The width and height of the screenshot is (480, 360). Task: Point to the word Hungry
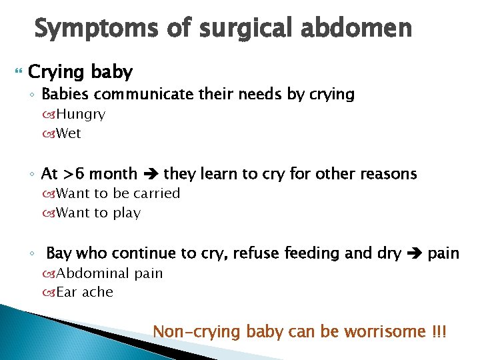pos(81,114)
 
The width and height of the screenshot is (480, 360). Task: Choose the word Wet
pos(69,133)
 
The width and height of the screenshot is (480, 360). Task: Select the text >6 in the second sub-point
pos(73,175)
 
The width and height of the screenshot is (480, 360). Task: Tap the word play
pos(127,213)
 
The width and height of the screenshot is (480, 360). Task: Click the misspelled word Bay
pos(59,253)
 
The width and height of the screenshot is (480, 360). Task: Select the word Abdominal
pos(93,273)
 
